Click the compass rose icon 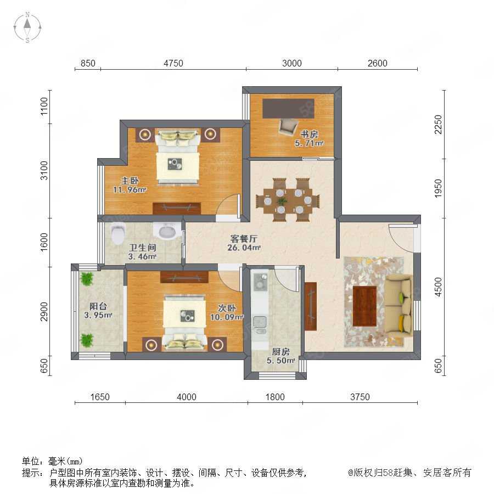(x=27, y=27)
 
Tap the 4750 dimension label (x=173, y=63)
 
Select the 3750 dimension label (x=360, y=397)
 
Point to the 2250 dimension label (x=438, y=125)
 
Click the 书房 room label (x=309, y=134)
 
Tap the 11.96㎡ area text (x=130, y=190)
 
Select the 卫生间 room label (x=142, y=248)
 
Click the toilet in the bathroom (x=118, y=233)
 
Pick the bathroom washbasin (x=167, y=231)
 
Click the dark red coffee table (x=365, y=306)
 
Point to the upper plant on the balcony (x=87, y=279)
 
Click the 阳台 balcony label (x=98, y=306)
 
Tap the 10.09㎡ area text (x=227, y=317)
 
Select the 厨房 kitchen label (x=280, y=351)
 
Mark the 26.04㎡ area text (x=244, y=248)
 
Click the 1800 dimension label (x=275, y=397)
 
